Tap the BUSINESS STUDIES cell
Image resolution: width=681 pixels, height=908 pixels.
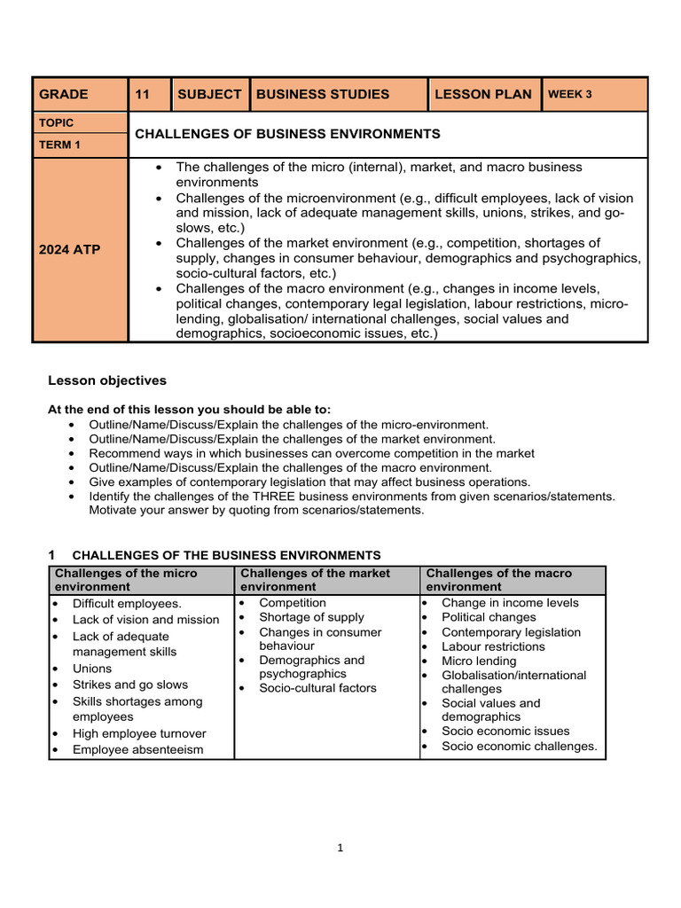pyautogui.click(x=323, y=94)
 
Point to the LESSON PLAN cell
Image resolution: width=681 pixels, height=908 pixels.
pyautogui.click(x=483, y=94)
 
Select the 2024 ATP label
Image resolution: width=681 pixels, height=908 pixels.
pyautogui.click(x=70, y=250)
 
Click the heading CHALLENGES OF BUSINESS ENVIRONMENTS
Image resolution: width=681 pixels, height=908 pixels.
pyautogui.click(x=287, y=134)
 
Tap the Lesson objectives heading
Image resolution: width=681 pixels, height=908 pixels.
pyautogui.click(x=106, y=380)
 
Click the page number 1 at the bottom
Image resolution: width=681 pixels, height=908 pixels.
pyautogui.click(x=340, y=848)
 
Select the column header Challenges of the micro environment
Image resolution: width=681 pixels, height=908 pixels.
pyautogui.click(x=126, y=580)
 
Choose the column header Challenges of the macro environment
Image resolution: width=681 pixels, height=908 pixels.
pyautogui.click(x=499, y=580)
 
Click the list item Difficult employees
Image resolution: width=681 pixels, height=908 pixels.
pyautogui.click(x=127, y=604)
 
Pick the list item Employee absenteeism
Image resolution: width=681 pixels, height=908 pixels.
pyautogui.click(x=137, y=750)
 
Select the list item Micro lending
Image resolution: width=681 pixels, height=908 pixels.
pyautogui.click(x=479, y=661)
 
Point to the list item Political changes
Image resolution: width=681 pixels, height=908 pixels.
pyautogui.click(x=489, y=617)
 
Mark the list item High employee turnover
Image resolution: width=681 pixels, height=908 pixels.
pyautogui.click(x=139, y=733)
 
